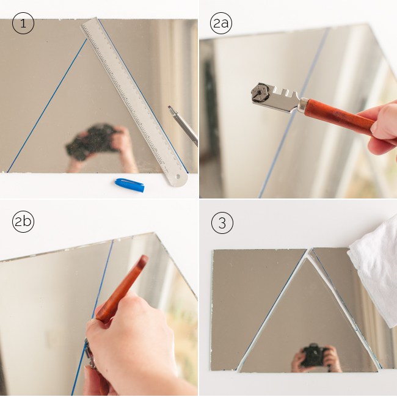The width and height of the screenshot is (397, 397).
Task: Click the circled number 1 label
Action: (23, 24)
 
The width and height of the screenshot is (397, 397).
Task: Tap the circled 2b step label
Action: (23, 222)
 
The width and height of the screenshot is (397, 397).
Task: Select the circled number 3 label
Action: (222, 223)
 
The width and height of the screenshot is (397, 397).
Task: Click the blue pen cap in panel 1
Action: (129, 184)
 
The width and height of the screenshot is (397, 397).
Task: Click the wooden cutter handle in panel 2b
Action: (122, 290)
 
